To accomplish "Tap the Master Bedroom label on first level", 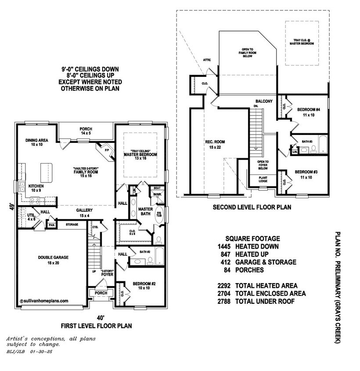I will tap(140, 155).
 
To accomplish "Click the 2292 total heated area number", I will tap(225, 286).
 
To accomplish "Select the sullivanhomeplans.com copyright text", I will tap(44, 301).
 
